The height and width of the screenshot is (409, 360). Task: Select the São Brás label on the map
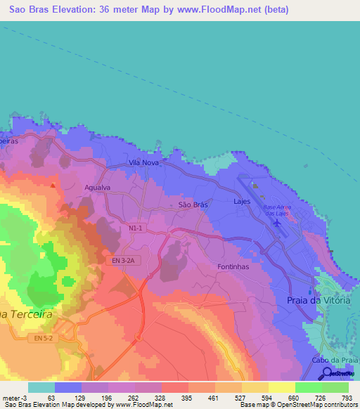(x=193, y=204)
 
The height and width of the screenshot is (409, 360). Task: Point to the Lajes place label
(x=242, y=201)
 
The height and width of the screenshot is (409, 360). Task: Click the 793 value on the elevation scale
(x=347, y=397)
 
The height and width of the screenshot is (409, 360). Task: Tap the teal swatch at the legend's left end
(x=41, y=387)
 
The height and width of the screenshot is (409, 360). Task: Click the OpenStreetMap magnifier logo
(x=336, y=373)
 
